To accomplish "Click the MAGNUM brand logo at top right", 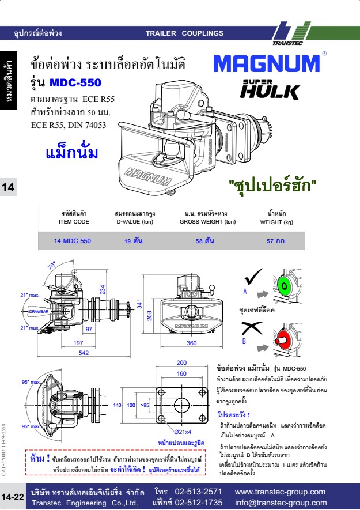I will (x=266, y=63).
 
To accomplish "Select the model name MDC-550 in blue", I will (x=75, y=82).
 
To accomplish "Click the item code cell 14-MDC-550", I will (x=73, y=241).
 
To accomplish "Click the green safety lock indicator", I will (x=285, y=285).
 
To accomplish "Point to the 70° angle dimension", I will (x=52, y=266).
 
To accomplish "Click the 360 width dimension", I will (x=192, y=343).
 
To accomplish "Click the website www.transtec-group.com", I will (x=281, y=492).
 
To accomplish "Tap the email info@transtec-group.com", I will (x=281, y=503).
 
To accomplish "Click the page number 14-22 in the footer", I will (x=13, y=497).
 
